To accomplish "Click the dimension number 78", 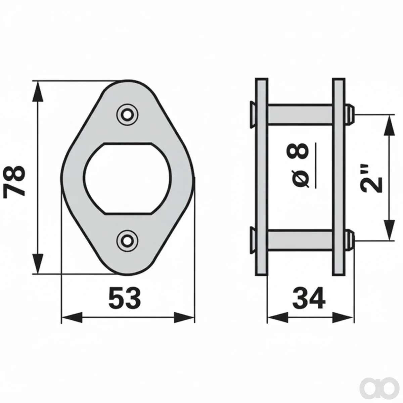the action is tap(14, 181).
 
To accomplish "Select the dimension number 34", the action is tap(309, 298).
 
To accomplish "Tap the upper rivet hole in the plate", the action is tap(127, 115).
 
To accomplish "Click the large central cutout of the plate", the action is tap(127, 178).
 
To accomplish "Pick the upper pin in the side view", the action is tap(300, 115).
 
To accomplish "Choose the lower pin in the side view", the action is tap(300, 240).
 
